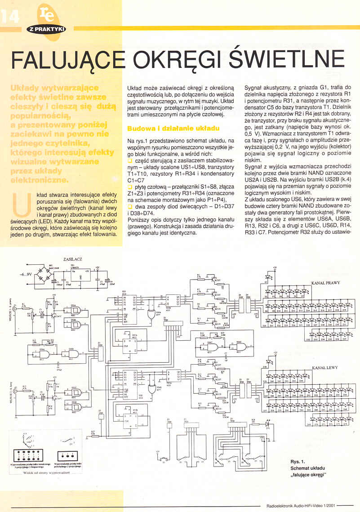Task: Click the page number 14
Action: [10, 17]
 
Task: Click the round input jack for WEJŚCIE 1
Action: [17, 309]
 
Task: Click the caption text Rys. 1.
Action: [298, 461]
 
